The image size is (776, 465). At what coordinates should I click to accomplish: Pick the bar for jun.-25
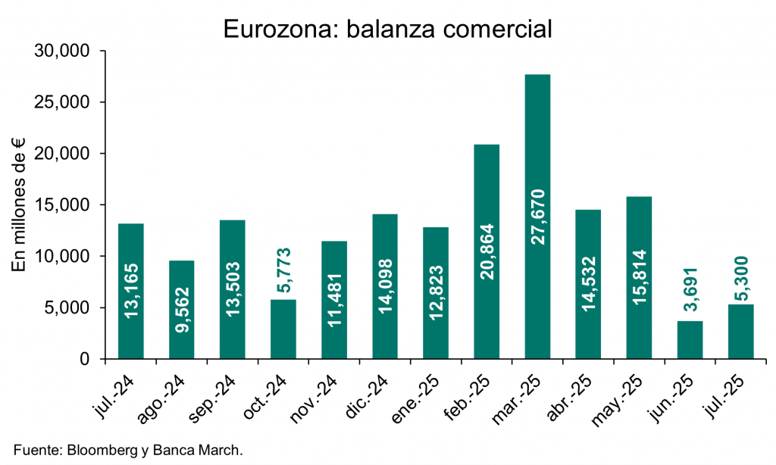pyautogui.click(x=690, y=340)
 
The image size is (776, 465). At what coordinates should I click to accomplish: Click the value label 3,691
pyautogui.click(x=690, y=292)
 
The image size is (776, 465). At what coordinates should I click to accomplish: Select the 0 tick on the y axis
pyautogui.click(x=86, y=359)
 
